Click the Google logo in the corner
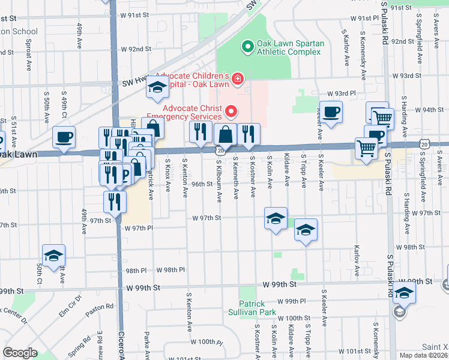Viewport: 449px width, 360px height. (x=20, y=353)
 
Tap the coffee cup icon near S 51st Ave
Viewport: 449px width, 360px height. (x=64, y=137)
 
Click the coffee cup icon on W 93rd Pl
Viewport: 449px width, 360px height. (x=331, y=112)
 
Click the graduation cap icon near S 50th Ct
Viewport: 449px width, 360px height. (x=53, y=256)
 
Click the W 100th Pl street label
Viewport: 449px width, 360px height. (x=209, y=341)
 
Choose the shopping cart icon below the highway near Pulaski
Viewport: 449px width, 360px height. (x=366, y=148)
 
